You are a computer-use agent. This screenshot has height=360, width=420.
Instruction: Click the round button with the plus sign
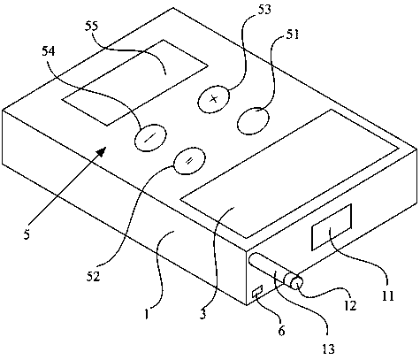(x=214, y=99)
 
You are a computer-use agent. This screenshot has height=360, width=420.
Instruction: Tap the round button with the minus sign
(x=150, y=138)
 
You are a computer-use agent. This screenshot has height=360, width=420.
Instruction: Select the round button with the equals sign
(x=189, y=161)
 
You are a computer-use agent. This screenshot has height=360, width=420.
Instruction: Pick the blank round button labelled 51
(x=253, y=121)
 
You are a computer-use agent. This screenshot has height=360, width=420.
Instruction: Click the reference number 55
(x=92, y=26)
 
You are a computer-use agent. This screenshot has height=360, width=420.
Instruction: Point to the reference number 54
(x=49, y=51)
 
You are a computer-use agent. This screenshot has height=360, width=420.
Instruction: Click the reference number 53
(x=263, y=10)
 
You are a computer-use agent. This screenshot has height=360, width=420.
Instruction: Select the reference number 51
(x=292, y=34)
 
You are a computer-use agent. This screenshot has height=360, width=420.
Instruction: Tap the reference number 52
(x=94, y=276)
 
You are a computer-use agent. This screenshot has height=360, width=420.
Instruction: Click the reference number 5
(x=27, y=235)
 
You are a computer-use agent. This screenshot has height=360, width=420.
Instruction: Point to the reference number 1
(x=147, y=315)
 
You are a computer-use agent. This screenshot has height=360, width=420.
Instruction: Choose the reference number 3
(x=202, y=314)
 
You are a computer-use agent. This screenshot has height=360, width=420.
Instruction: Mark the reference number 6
(x=282, y=331)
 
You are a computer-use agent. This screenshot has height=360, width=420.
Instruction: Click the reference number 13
(x=328, y=349)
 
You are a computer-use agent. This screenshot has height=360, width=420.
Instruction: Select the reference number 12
(x=350, y=305)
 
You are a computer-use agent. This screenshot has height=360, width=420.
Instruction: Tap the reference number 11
(x=388, y=295)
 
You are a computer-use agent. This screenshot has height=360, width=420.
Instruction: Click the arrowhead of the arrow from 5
(x=101, y=152)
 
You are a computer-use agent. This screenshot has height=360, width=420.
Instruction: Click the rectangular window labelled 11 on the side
(x=332, y=226)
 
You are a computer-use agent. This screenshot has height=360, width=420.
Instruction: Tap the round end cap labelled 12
(x=296, y=284)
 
